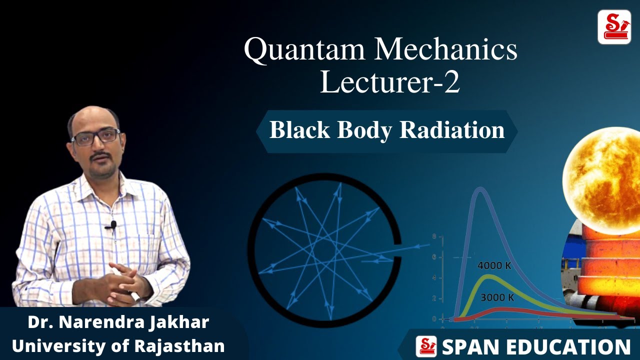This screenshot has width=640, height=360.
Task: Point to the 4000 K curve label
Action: [x=494, y=266]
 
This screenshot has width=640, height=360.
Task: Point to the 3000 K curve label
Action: [x=497, y=298]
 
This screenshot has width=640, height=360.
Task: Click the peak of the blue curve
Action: [x=480, y=189]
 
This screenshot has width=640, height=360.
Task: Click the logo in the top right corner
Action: [x=614, y=27]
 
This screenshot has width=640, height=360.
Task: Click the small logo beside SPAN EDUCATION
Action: [x=426, y=346]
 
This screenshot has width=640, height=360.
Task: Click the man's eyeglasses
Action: [x=95, y=136]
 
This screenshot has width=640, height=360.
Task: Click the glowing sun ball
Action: [x=602, y=172]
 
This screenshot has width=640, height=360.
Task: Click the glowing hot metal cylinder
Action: [x=607, y=280]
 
